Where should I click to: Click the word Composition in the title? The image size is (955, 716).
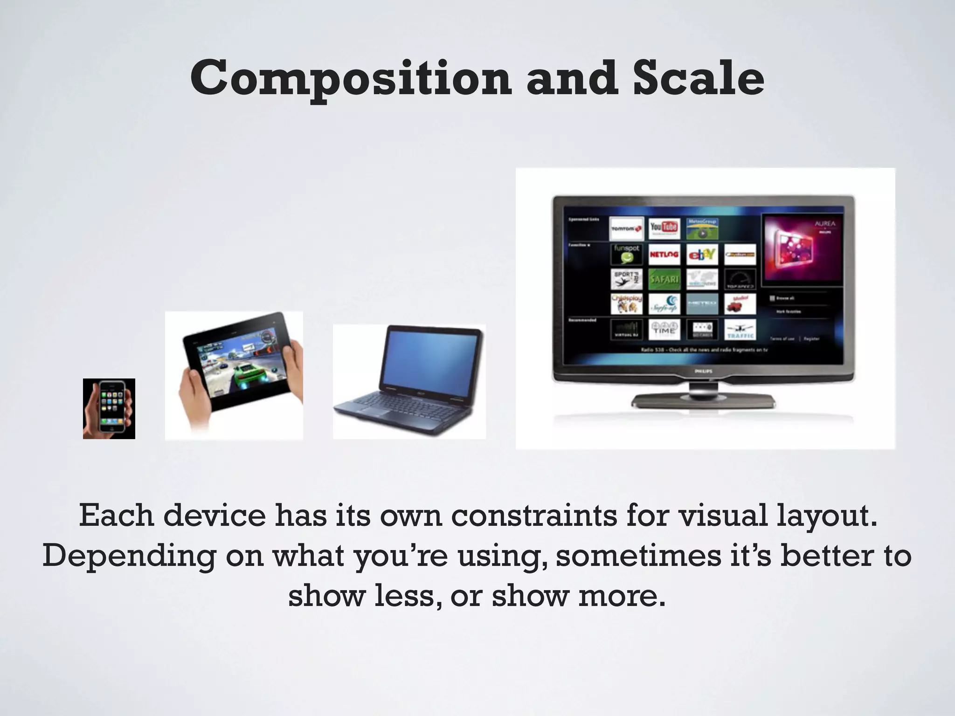pos(350,78)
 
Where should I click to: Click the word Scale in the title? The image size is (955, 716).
pos(698,78)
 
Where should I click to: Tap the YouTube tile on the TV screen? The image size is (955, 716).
pos(664,228)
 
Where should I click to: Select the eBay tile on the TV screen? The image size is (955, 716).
pos(702,254)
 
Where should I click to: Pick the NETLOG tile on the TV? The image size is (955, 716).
pos(664,254)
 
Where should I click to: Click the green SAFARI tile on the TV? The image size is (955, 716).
pos(664,279)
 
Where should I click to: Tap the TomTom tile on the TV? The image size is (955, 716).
pos(626,228)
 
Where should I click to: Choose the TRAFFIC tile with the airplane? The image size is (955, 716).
pos(740,330)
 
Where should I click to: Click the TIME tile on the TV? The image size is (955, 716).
pos(664,330)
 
